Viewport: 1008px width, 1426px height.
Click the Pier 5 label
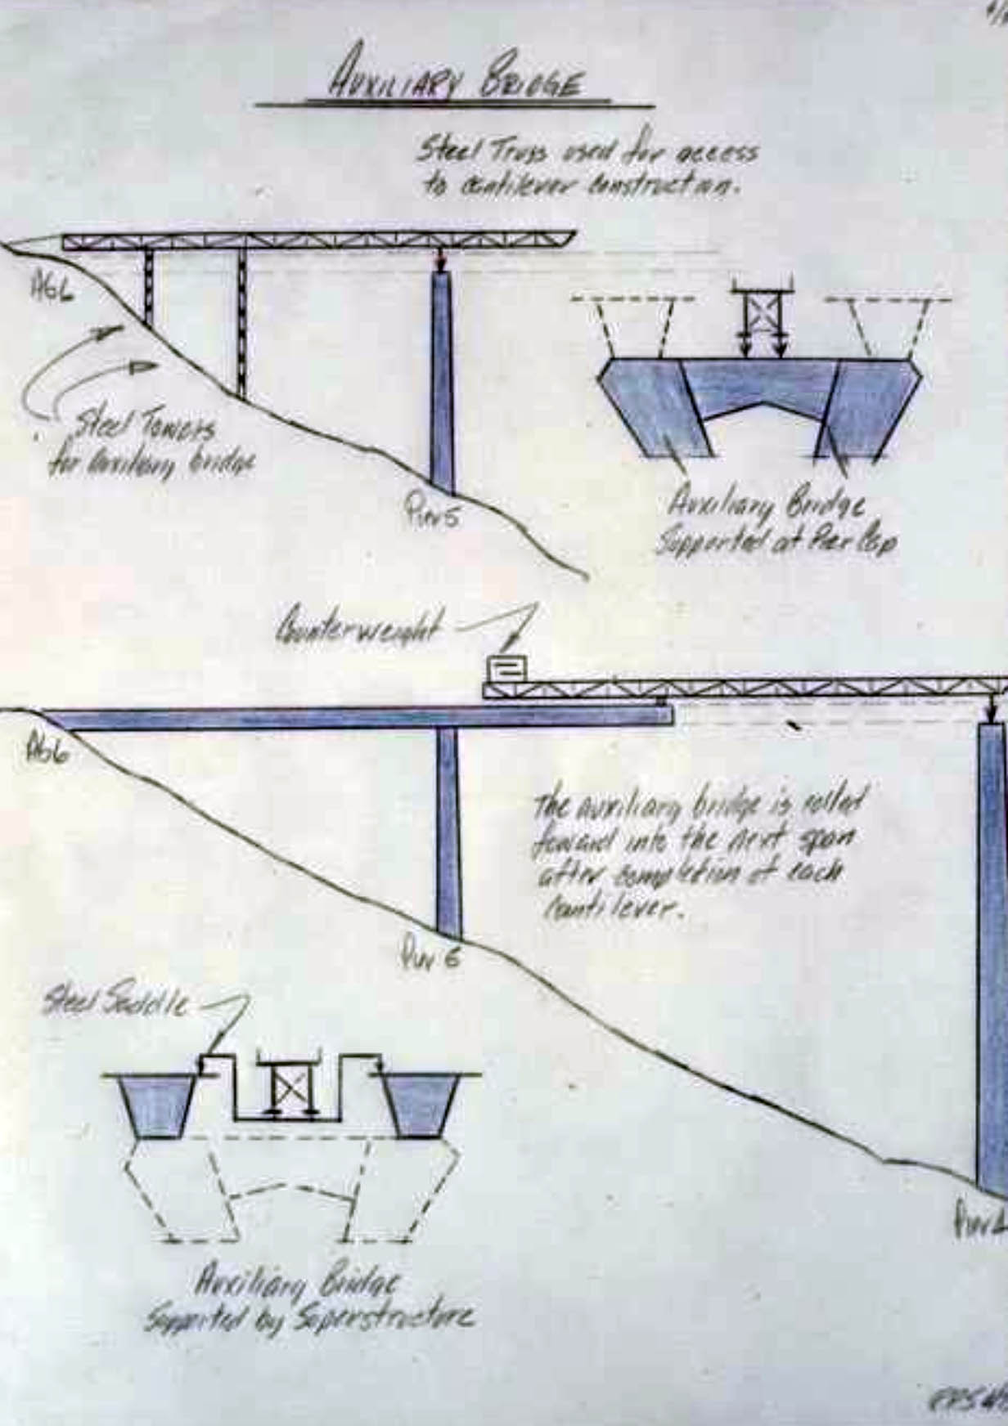[x=432, y=516]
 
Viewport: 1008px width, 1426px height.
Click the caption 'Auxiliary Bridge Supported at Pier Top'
[x=773, y=523]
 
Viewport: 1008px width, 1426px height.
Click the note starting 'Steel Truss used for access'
[x=586, y=167]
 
